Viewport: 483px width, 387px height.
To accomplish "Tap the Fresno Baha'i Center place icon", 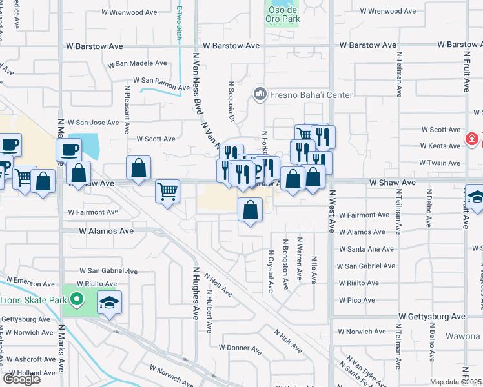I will click(260, 95).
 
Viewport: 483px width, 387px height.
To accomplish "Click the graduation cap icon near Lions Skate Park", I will click(109, 303).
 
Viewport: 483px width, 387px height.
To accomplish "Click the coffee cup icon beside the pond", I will click(68, 150).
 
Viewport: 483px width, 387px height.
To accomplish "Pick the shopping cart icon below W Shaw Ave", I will click(167, 190).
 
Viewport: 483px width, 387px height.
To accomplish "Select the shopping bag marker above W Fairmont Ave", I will click(250, 209).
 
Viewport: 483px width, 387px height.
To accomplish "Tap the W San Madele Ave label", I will click(138, 64).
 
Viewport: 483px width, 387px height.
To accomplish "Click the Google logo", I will click(21, 379).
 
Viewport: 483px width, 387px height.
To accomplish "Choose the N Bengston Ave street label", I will click(285, 261).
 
